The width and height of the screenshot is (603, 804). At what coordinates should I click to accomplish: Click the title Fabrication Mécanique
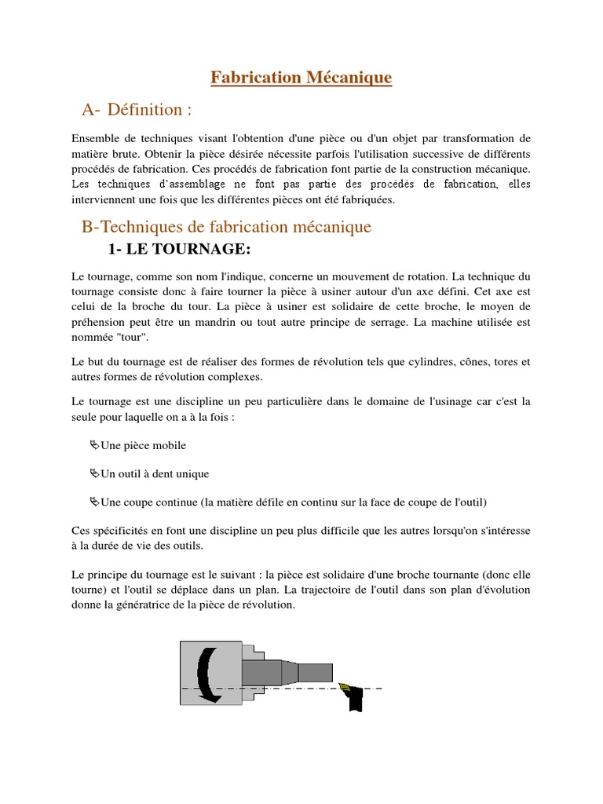(x=301, y=78)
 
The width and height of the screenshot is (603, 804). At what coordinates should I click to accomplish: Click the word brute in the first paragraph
(x=121, y=154)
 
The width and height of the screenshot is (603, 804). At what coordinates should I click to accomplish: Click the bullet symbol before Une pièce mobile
(x=95, y=445)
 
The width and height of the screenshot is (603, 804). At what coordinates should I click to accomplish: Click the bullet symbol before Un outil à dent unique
(x=95, y=473)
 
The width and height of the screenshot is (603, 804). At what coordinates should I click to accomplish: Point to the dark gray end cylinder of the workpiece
(x=315, y=673)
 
